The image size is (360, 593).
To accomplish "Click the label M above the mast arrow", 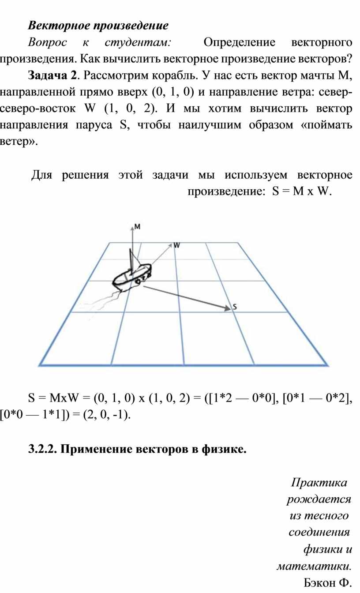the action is click(x=137, y=227).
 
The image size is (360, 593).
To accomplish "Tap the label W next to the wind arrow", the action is click(x=176, y=245).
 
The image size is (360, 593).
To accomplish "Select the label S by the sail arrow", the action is click(x=235, y=307).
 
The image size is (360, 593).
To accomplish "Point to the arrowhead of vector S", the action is click(x=228, y=308).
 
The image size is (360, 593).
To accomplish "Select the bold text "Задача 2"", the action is click(x=52, y=75).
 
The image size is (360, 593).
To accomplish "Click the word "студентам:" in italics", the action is click(x=138, y=42).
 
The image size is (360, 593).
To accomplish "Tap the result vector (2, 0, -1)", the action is click(x=106, y=415).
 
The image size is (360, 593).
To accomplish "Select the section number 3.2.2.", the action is click(x=43, y=449).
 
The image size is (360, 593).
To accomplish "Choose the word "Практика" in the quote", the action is click(x=319, y=482).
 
